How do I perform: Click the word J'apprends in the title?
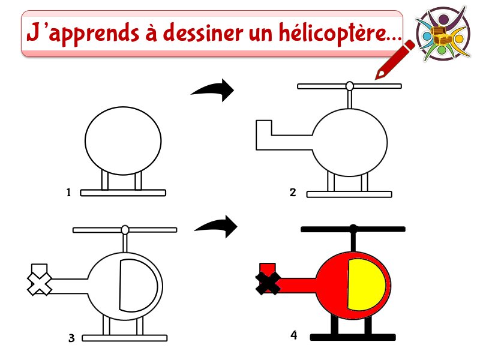[x=83, y=34]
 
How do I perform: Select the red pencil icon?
[x=394, y=59]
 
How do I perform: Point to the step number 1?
[x=68, y=192]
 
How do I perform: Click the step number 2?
[x=293, y=192]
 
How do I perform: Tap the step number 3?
[x=71, y=338]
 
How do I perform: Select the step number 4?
[x=293, y=335]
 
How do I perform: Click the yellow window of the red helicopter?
[x=366, y=284]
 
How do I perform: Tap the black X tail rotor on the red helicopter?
[x=268, y=283]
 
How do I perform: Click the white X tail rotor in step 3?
[x=40, y=284]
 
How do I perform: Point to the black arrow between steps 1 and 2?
[x=214, y=90]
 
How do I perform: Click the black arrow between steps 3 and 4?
[x=217, y=227]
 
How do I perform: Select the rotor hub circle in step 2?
[x=349, y=86]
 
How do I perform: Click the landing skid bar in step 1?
[x=123, y=193]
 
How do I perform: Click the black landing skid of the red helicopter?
[x=353, y=337]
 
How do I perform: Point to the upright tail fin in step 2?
[x=263, y=128]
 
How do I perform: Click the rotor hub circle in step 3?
[x=125, y=230]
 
